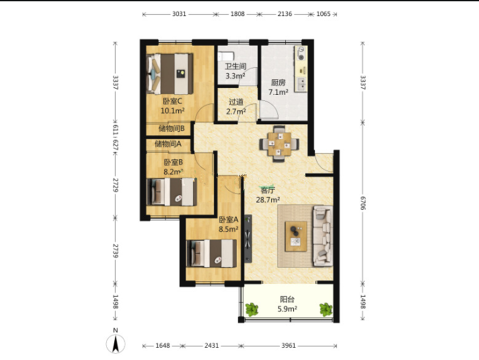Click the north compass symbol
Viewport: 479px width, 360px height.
click(x=115, y=343)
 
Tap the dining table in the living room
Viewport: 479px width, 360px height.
click(x=279, y=143)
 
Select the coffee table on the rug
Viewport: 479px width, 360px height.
click(x=295, y=236)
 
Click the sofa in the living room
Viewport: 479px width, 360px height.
click(x=323, y=236)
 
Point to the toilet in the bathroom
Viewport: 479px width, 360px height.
click(x=225, y=56)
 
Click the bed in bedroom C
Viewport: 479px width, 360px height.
click(x=170, y=73)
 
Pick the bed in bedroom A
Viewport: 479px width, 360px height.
click(x=211, y=253)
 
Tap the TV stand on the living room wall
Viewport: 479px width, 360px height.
click(x=248, y=238)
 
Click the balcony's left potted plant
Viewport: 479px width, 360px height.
click(x=251, y=309)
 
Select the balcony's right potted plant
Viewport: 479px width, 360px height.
click(x=326, y=309)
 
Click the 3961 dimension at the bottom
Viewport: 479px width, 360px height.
click(x=288, y=345)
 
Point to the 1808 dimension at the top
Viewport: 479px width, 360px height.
click(x=237, y=14)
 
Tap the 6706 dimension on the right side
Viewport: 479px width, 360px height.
click(x=362, y=203)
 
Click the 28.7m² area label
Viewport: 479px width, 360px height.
click(x=268, y=200)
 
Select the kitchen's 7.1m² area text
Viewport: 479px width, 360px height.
click(x=278, y=92)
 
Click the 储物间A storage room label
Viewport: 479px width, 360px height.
click(x=168, y=143)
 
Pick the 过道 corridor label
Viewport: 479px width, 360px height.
click(x=236, y=102)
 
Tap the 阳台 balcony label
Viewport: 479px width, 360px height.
click(x=287, y=299)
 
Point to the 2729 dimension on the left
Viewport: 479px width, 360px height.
click(x=115, y=185)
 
